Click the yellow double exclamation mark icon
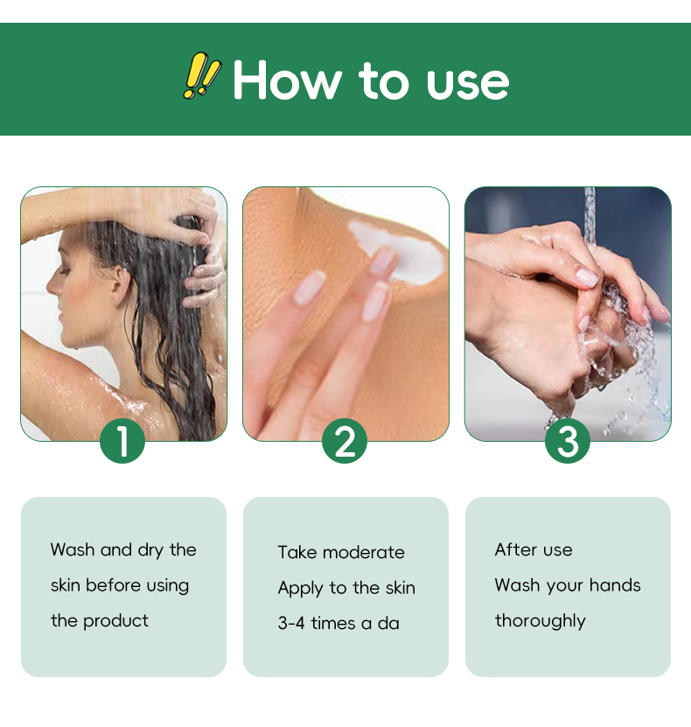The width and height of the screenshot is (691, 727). click(x=201, y=75)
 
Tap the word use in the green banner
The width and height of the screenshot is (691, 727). click(x=468, y=83)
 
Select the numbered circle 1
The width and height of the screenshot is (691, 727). click(x=122, y=440)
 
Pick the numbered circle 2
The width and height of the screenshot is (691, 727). click(x=345, y=440)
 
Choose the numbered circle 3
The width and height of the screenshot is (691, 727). click(x=568, y=440)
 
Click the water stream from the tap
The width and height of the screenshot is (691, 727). click(x=590, y=218)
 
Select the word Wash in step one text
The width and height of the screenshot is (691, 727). click(x=73, y=549)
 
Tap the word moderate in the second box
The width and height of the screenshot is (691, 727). click(x=364, y=552)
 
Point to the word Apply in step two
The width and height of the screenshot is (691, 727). click(x=300, y=589)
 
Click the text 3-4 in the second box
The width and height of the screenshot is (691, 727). click(x=291, y=623)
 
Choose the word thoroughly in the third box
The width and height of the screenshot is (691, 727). click(x=541, y=622)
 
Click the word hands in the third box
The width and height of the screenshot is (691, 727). click(x=615, y=585)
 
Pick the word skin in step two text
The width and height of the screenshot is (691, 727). click(x=401, y=588)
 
